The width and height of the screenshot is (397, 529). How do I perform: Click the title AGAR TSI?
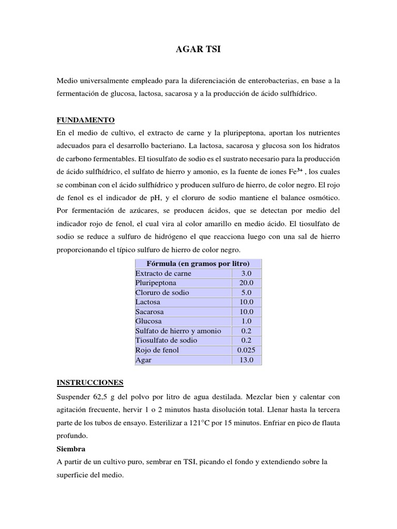coord(198,50)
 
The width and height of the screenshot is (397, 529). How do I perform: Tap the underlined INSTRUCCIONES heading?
coord(90,382)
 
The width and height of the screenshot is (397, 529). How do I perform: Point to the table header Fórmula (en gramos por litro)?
coord(198,263)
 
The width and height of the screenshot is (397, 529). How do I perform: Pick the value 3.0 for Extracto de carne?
coord(247,273)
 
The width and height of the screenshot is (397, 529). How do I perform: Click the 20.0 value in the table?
coord(247,283)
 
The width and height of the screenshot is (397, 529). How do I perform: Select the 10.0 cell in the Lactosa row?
coord(247,302)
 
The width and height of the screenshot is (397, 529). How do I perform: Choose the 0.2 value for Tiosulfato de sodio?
coord(247,340)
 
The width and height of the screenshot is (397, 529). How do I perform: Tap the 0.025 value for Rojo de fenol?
coord(247,350)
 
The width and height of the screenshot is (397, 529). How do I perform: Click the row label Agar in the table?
coord(143,360)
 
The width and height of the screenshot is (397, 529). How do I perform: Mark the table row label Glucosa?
coord(148,321)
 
